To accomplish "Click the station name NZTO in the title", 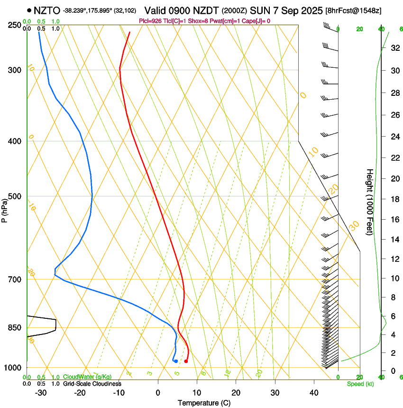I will pos(47,10).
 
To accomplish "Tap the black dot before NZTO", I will pos(29,10).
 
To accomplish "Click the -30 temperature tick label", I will pos(40,392).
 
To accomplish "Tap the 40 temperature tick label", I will pos(314,392).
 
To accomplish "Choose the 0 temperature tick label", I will pos(158,392).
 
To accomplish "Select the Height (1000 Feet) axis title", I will pos(370,202).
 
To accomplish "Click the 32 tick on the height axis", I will pos(394,48).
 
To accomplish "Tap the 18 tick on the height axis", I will pos(394,199).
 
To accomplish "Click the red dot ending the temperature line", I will pos(186,362).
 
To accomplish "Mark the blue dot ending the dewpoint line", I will pos(176,362).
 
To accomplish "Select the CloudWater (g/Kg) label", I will pos(88,377).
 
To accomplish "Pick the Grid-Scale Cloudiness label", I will pos(92,384).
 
